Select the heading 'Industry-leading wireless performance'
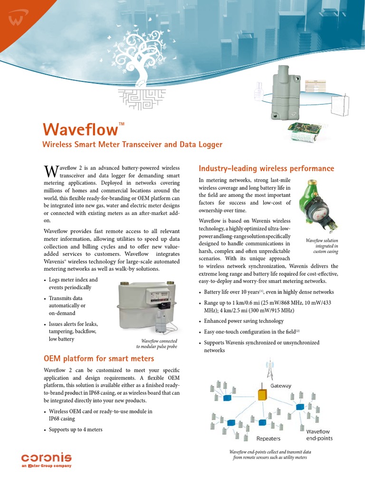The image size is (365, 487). coord(266,168)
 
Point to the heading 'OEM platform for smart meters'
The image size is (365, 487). coord(99,358)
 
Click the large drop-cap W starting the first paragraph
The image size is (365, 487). coord(50,171)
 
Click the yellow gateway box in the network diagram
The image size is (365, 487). coord(262,395)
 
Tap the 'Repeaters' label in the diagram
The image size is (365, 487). coord(269,438)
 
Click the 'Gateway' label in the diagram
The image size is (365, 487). coord(281,386)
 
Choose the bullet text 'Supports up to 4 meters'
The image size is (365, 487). coord(76,429)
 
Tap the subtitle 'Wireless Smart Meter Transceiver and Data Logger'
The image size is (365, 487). coord(133,144)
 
